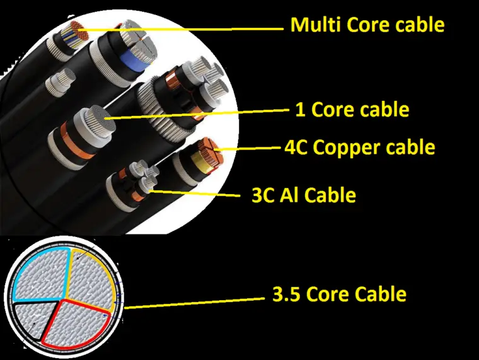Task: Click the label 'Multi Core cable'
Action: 367,25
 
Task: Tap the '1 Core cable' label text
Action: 352,110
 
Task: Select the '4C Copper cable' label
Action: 360,148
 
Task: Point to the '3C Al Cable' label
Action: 304,195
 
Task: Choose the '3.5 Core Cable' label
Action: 339,294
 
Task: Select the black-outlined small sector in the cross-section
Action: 33,320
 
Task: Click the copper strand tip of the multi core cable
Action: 79,30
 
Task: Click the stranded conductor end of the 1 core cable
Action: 100,120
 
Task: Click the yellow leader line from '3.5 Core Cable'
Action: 194,303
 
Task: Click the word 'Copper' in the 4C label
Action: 347,148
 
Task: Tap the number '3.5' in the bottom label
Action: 286,294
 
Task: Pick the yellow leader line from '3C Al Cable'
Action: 194,193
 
